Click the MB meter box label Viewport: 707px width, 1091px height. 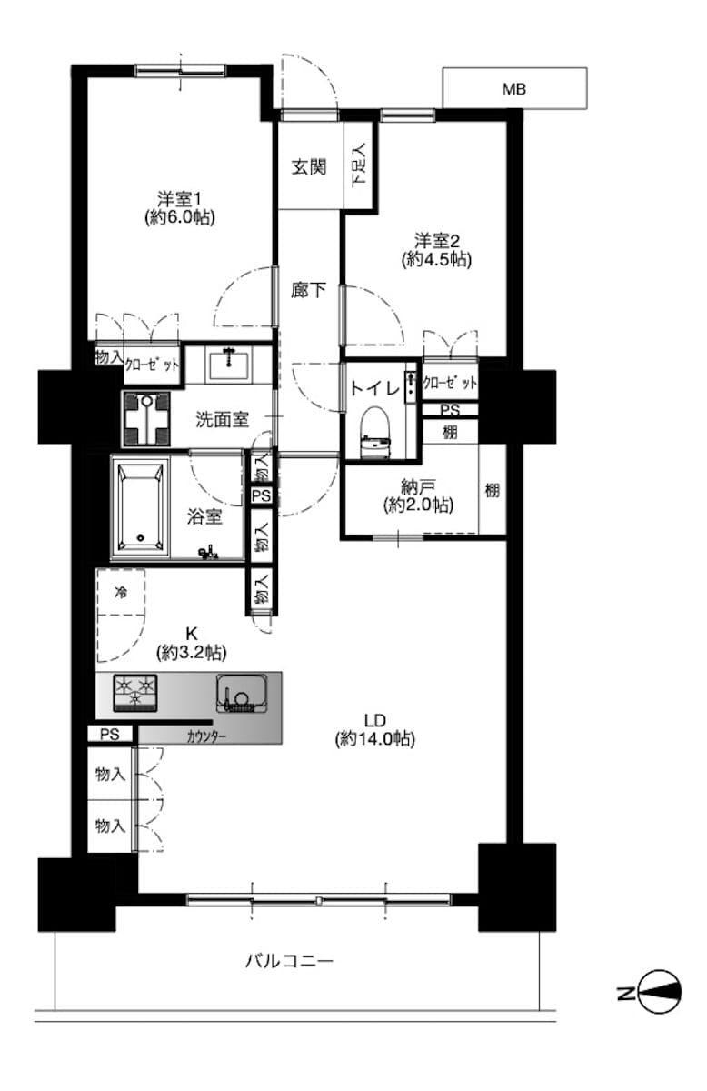[514, 89]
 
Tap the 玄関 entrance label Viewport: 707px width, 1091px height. [309, 167]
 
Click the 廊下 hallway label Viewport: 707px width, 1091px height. [308, 290]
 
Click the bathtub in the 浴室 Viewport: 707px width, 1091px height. [140, 507]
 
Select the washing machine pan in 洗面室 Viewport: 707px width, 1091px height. [146, 419]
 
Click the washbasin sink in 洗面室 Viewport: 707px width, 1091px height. [228, 365]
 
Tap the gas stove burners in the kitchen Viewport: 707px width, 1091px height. [135, 692]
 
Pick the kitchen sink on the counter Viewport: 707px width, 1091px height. [242, 693]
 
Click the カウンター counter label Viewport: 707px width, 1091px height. [206, 736]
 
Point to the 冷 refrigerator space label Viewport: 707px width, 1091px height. [121, 592]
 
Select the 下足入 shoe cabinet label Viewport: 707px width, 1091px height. [359, 165]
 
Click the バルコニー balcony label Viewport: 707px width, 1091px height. [289, 961]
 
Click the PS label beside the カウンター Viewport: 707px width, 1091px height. [110, 734]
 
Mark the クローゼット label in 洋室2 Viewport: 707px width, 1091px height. [450, 383]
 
